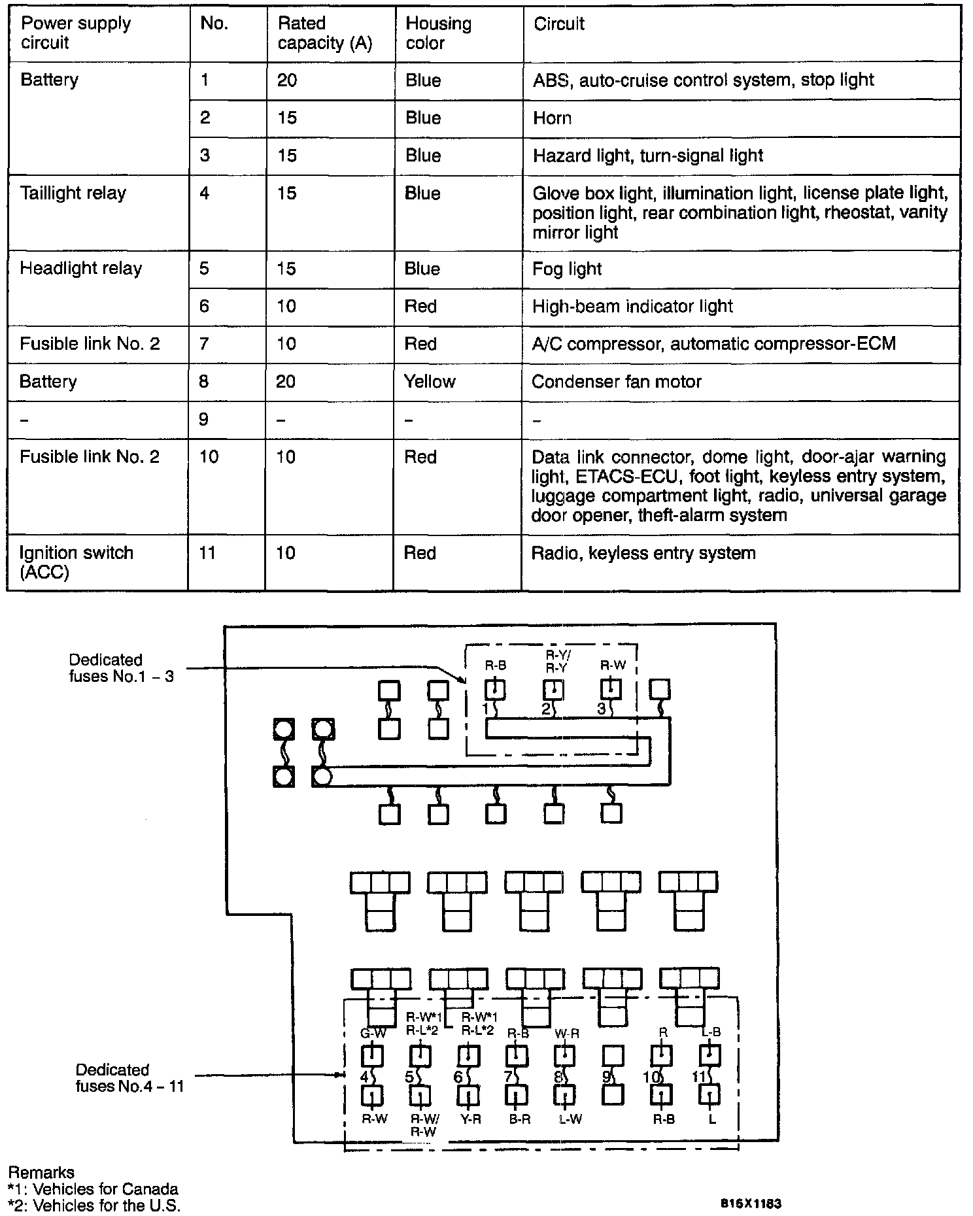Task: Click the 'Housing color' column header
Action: [438, 33]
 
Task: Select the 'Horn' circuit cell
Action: [552, 118]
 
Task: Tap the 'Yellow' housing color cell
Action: [429, 382]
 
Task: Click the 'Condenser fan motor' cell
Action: [616, 382]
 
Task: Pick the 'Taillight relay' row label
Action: [73, 194]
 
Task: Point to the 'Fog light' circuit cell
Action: [566, 269]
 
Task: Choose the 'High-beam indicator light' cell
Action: [632, 307]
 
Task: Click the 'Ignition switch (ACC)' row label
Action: [76, 562]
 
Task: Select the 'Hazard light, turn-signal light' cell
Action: [647, 156]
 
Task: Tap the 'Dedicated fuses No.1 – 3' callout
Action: [122, 667]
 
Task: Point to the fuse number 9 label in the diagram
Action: [606, 1076]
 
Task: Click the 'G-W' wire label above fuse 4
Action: [373, 1034]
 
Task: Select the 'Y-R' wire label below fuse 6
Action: [470, 1119]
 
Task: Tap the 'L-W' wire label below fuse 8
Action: [570, 1119]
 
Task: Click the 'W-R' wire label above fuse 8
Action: [566, 1034]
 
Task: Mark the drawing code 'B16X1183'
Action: [751, 1203]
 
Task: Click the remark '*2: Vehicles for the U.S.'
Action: [94, 1206]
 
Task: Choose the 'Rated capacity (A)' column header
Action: [325, 33]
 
